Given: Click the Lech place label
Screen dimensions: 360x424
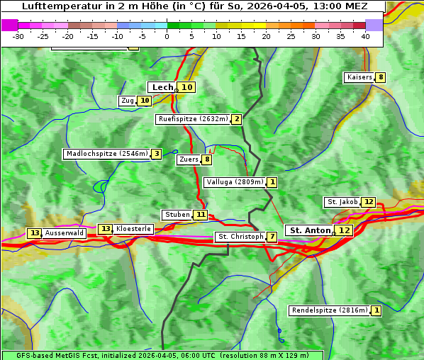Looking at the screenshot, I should pyautogui.click(x=162, y=87).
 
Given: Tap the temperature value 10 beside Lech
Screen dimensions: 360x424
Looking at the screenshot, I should pyautogui.click(x=186, y=87).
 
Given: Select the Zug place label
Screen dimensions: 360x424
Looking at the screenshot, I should pyautogui.click(x=128, y=101).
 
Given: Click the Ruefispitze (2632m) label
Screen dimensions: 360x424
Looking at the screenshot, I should pyautogui.click(x=193, y=119).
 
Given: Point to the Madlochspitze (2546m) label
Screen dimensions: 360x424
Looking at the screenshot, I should pyautogui.click(x=106, y=154).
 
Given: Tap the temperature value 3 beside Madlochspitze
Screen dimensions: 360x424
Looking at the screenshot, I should pyautogui.click(x=156, y=154).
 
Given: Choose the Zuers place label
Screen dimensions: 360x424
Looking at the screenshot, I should pyautogui.click(x=189, y=159).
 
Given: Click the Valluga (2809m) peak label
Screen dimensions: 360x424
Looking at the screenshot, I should pyautogui.click(x=235, y=182).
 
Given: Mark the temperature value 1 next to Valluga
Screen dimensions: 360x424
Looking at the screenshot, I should pyautogui.click(x=272, y=182).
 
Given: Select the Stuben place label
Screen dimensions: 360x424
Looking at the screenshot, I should pyautogui.click(x=177, y=215).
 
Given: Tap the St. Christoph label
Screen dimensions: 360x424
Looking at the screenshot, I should pyautogui.click(x=240, y=236).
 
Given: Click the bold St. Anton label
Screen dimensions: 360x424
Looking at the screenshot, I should pyautogui.click(x=310, y=230).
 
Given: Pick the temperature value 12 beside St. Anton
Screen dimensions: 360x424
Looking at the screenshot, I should pyautogui.click(x=344, y=230).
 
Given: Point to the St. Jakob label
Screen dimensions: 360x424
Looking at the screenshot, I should pyautogui.click(x=342, y=202).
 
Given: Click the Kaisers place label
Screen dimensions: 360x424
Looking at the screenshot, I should pyautogui.click(x=359, y=77).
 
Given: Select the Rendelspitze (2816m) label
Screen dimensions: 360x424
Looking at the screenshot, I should pyautogui.click(x=330, y=310).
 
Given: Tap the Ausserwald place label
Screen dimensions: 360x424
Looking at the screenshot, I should pyautogui.click(x=65, y=233).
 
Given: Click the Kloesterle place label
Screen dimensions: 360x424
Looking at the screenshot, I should pyautogui.click(x=133, y=229).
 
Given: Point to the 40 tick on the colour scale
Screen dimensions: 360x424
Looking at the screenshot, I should pyautogui.click(x=365, y=35).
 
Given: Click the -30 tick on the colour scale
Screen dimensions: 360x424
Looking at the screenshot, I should pyautogui.click(x=18, y=35).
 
